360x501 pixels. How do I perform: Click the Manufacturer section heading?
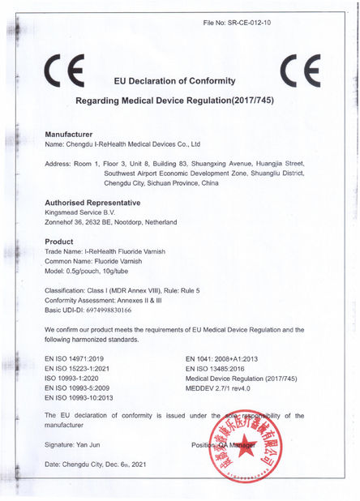[68, 132]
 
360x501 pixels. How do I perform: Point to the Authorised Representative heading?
[92, 202]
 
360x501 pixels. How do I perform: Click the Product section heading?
[58, 242]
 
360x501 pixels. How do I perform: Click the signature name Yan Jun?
[96, 446]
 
